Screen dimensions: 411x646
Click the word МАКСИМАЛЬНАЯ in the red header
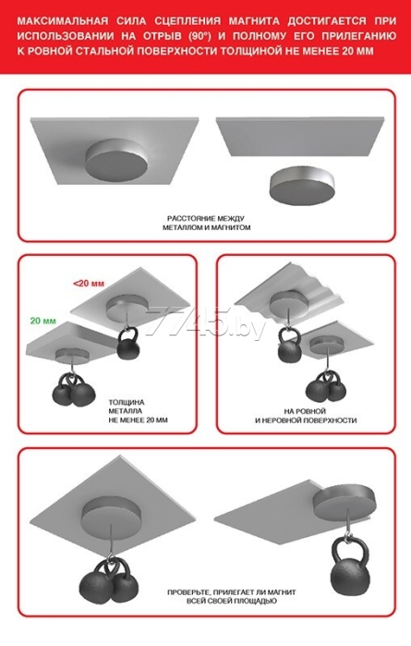(63, 21)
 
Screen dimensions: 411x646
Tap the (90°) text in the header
(199, 37)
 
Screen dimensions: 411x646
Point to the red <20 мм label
(89, 284)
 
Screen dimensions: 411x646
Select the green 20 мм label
(42, 321)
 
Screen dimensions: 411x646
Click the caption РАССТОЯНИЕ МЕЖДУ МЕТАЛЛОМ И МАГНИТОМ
(206, 223)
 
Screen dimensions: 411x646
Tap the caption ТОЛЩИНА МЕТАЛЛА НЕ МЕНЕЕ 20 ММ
(138, 411)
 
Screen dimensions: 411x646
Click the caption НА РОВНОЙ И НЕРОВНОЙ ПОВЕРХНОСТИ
(305, 416)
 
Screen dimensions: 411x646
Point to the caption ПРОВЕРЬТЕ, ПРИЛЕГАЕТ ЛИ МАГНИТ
(232, 592)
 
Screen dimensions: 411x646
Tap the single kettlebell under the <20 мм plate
(128, 345)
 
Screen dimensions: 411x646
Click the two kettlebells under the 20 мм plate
(74, 390)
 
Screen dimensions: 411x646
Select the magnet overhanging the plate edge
(345, 504)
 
